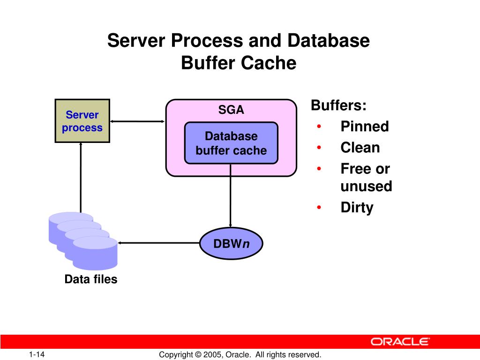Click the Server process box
(82, 120)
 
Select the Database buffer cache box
(231, 143)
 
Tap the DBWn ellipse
(231, 244)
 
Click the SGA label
(231, 110)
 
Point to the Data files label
(91, 280)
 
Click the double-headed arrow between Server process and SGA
(137, 121)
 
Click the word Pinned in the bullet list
(364, 127)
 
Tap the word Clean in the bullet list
(360, 148)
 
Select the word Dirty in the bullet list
(357, 208)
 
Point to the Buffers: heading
(338, 105)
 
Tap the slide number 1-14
(36, 354)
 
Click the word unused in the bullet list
(366, 186)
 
